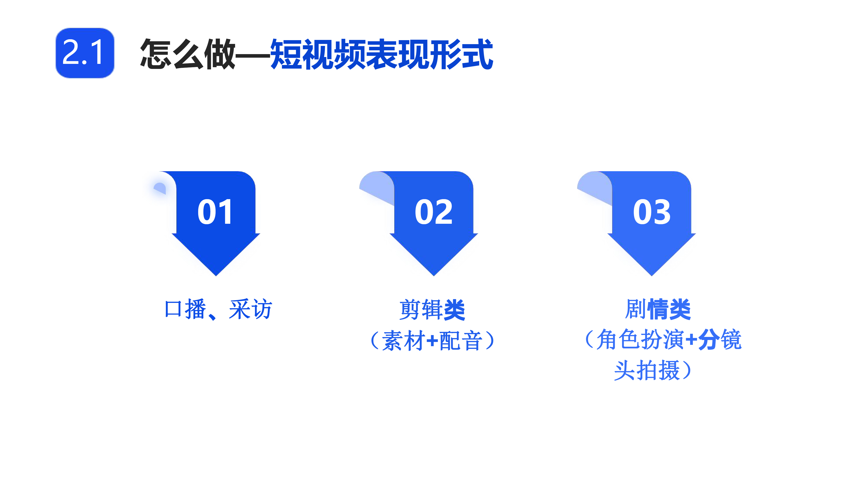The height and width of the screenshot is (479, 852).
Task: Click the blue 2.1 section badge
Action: pyautogui.click(x=85, y=53)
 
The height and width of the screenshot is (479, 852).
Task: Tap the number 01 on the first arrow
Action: pyautogui.click(x=215, y=212)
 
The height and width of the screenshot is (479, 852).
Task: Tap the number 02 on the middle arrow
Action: pyautogui.click(x=434, y=212)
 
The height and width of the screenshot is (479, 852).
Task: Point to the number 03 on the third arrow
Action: pyautogui.click(x=652, y=212)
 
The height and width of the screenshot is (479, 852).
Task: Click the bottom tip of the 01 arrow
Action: pyautogui.click(x=216, y=276)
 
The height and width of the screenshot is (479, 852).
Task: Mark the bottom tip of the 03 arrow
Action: pyautogui.click(x=652, y=276)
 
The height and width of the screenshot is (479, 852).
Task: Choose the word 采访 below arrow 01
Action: pyautogui.click(x=250, y=309)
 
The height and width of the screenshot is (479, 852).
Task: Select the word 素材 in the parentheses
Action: pyautogui.click(x=404, y=340)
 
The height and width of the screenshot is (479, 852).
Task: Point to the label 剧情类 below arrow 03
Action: pyautogui.click(x=657, y=309)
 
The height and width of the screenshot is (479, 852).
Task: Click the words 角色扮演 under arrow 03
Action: pyautogui.click(x=640, y=340)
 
